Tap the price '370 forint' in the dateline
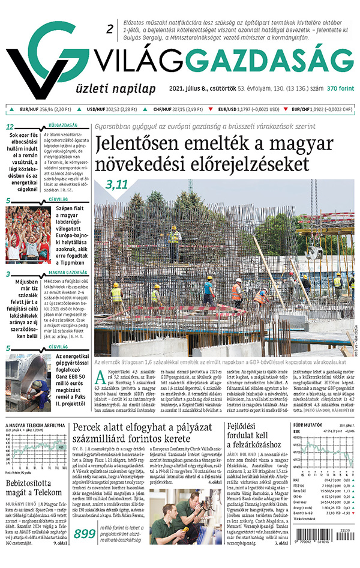340,89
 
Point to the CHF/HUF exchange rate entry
179,110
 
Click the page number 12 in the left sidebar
9,127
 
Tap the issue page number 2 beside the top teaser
109,29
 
